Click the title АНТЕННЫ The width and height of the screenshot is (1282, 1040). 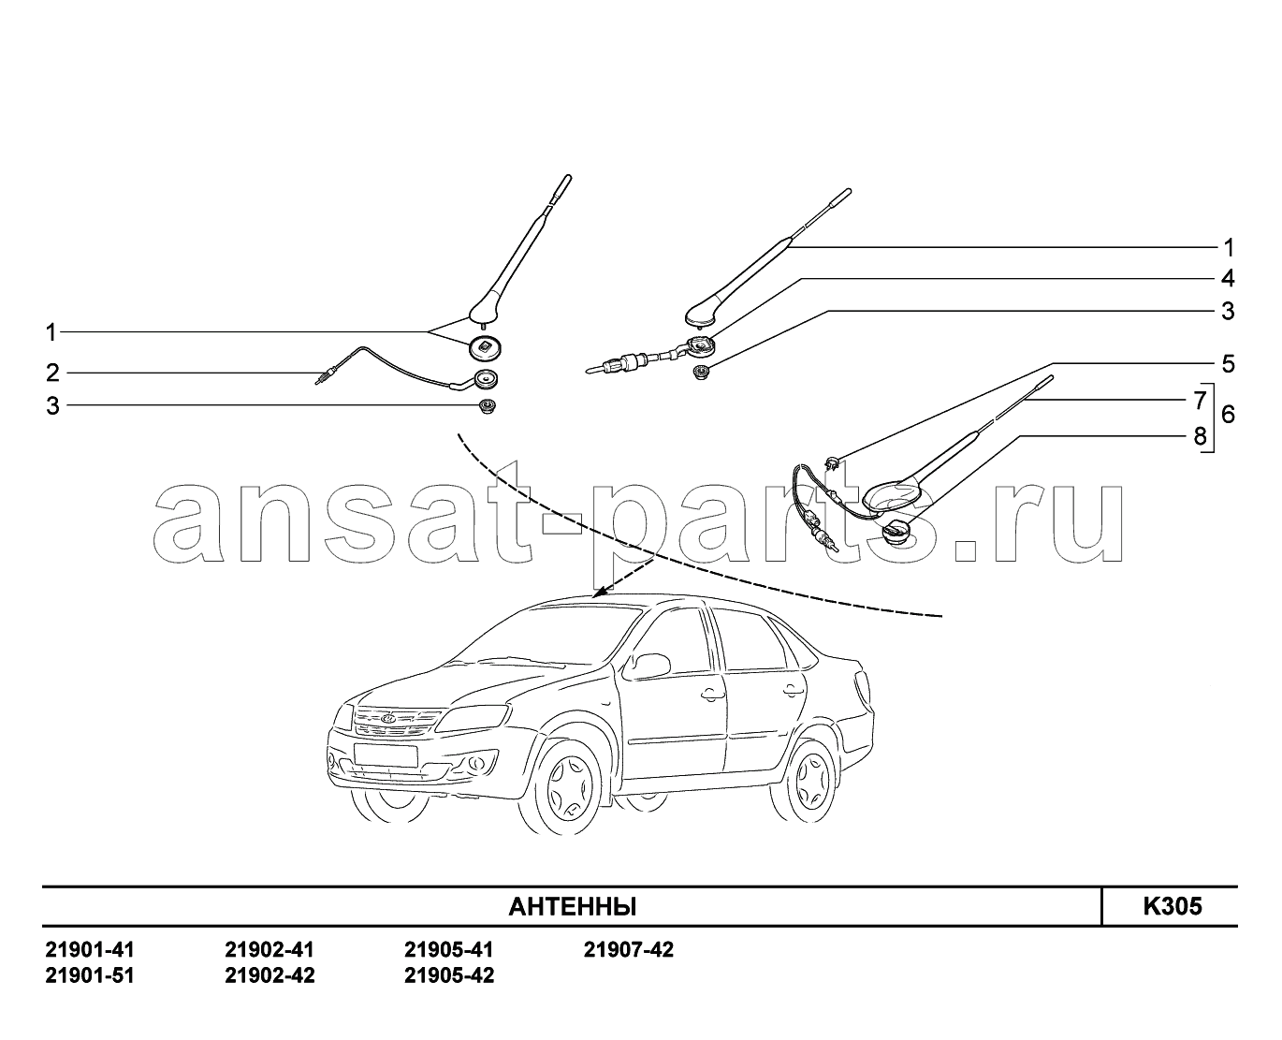pos(573,906)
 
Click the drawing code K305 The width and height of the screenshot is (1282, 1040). pos(1173,906)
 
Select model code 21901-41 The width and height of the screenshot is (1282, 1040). pos(90,950)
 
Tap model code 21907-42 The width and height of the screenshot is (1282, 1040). pos(628,950)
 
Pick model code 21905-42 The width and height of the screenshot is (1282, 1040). pos(449,975)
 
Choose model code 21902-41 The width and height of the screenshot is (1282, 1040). pos(270,950)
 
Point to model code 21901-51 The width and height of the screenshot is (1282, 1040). pos(90,975)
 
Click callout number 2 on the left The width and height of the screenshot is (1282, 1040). pos(53,373)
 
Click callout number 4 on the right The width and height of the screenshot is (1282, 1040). pos(1228,278)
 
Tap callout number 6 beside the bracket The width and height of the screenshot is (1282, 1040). pos(1228,415)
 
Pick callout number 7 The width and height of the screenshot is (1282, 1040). pos(1200,400)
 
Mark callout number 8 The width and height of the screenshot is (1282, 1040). pos(1200,436)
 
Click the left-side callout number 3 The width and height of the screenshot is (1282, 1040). pos(53,406)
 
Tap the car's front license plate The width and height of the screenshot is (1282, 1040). pos(386,754)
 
